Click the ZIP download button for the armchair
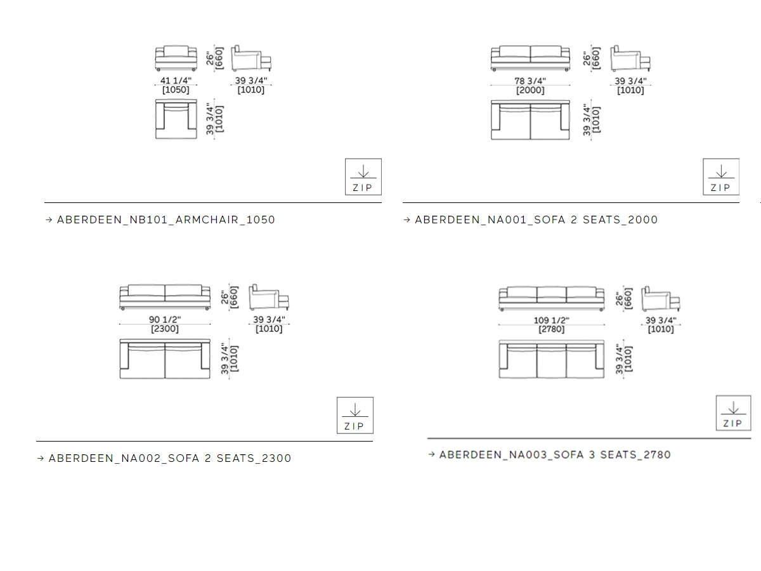pos(363,177)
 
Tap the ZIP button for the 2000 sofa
pos(721,177)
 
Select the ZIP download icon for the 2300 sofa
pos(355,416)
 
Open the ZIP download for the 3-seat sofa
pos(733,413)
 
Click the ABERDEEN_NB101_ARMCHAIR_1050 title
pos(166,220)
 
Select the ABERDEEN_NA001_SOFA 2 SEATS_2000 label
pos(536,220)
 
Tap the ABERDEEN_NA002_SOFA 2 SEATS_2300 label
pos(169,458)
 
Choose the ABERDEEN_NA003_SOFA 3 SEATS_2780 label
pos(555,455)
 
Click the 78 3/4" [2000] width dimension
pos(530,86)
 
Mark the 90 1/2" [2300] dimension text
pos(165,324)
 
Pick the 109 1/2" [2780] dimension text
pos(551,325)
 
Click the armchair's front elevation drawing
pos(176,58)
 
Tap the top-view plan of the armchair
pos(176,119)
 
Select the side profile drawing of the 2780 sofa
pos(660,299)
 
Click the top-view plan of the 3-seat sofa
pos(551,359)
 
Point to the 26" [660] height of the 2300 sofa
pos(230,297)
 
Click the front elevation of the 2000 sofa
pos(530,58)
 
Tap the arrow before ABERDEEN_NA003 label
pos(432,454)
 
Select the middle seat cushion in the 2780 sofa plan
pos(552,361)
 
